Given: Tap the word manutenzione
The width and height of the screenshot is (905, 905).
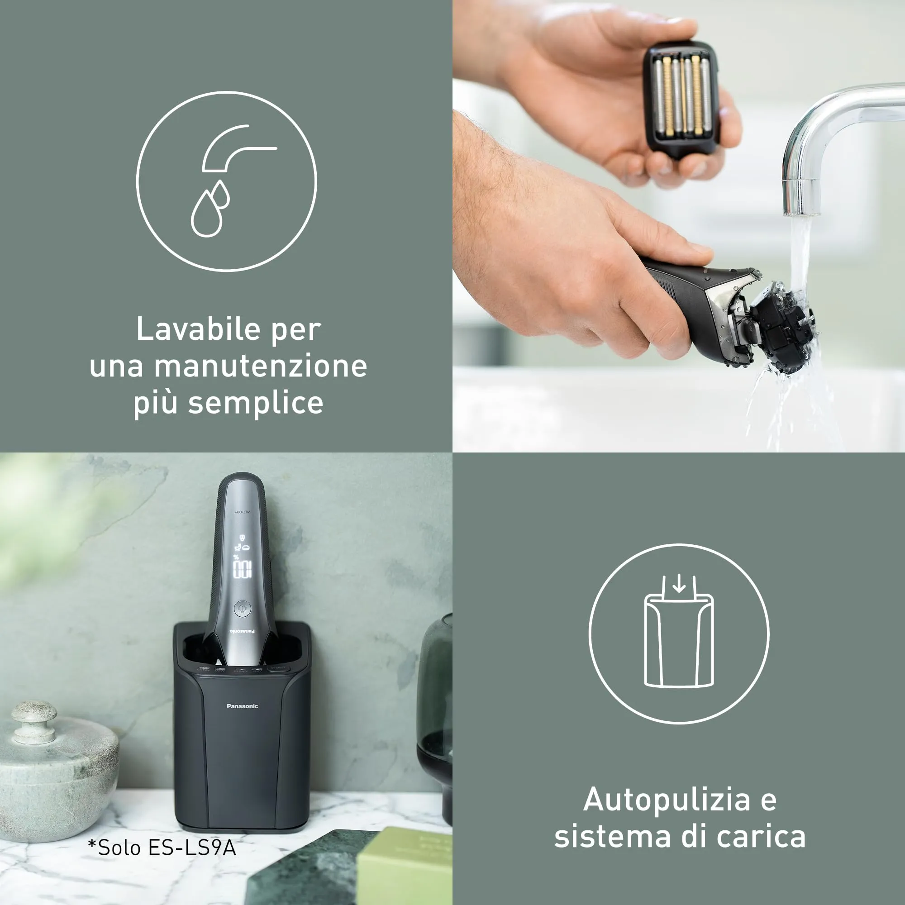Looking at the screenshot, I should pyautogui.click(x=261, y=367).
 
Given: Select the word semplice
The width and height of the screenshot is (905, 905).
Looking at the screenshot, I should pyautogui.click(x=255, y=403).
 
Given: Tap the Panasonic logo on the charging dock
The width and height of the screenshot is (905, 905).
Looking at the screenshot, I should pyautogui.click(x=242, y=706).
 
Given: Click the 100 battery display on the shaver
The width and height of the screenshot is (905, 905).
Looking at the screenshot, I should pyautogui.click(x=242, y=569).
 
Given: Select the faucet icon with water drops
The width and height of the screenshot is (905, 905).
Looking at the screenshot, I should pyautogui.click(x=226, y=181).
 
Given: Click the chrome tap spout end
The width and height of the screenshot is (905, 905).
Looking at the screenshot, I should pyautogui.click(x=802, y=197).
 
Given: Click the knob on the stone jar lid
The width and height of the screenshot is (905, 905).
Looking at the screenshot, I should pyautogui.click(x=34, y=720).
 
